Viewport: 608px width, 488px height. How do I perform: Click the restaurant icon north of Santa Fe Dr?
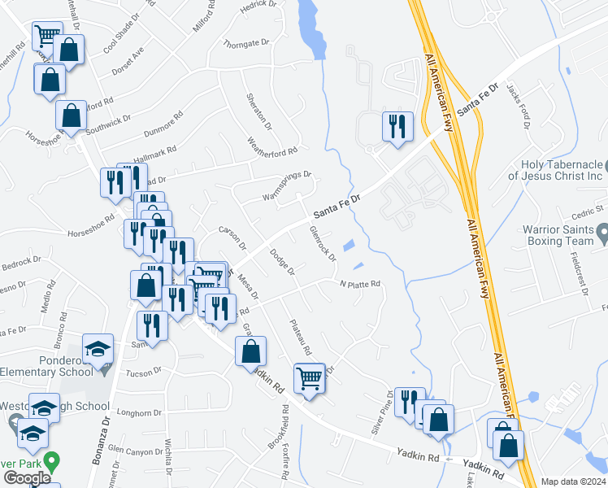click(x=397, y=127)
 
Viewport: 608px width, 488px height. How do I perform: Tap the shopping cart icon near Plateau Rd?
click(x=309, y=377)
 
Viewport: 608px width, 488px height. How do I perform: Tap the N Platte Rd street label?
click(x=360, y=284)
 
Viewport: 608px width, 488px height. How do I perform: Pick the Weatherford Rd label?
click(x=272, y=145)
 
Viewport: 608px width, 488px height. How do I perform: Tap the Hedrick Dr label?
click(x=259, y=7)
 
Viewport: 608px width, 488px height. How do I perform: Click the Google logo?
click(x=27, y=478)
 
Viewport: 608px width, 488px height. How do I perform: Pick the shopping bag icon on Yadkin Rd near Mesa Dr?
click(x=250, y=352)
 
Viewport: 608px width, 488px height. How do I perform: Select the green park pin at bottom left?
click(x=53, y=463)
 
